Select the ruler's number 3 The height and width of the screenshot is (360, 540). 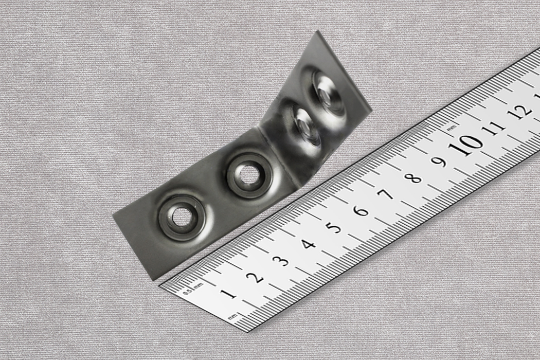[283, 261]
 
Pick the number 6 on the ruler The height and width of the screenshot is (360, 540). [361, 211]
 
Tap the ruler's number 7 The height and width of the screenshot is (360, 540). [387, 194]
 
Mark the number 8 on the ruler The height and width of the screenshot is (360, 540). [413, 178]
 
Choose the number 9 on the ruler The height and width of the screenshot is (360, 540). [440, 161]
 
